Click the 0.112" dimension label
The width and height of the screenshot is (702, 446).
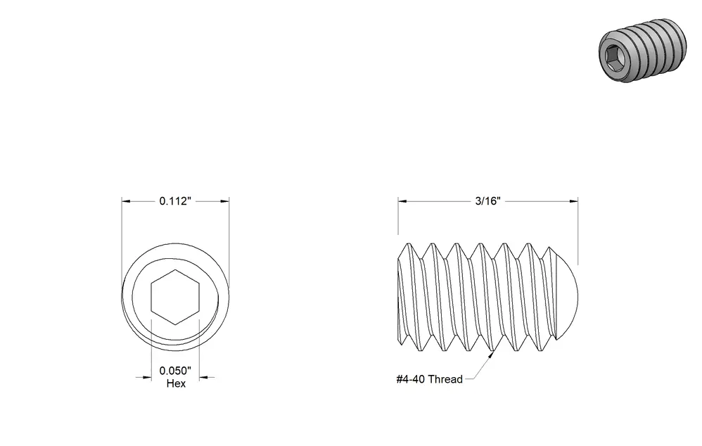tap(175, 201)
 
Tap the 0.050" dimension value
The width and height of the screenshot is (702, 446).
tap(175, 371)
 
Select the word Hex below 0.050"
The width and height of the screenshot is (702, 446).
tap(176, 383)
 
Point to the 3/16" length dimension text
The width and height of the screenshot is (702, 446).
tap(487, 200)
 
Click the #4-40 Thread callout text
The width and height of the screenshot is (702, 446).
tap(429, 379)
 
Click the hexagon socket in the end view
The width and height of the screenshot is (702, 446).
tap(175, 297)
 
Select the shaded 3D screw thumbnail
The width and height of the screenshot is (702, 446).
tap(642, 50)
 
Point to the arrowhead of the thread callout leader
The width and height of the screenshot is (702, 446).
tap(491, 355)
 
